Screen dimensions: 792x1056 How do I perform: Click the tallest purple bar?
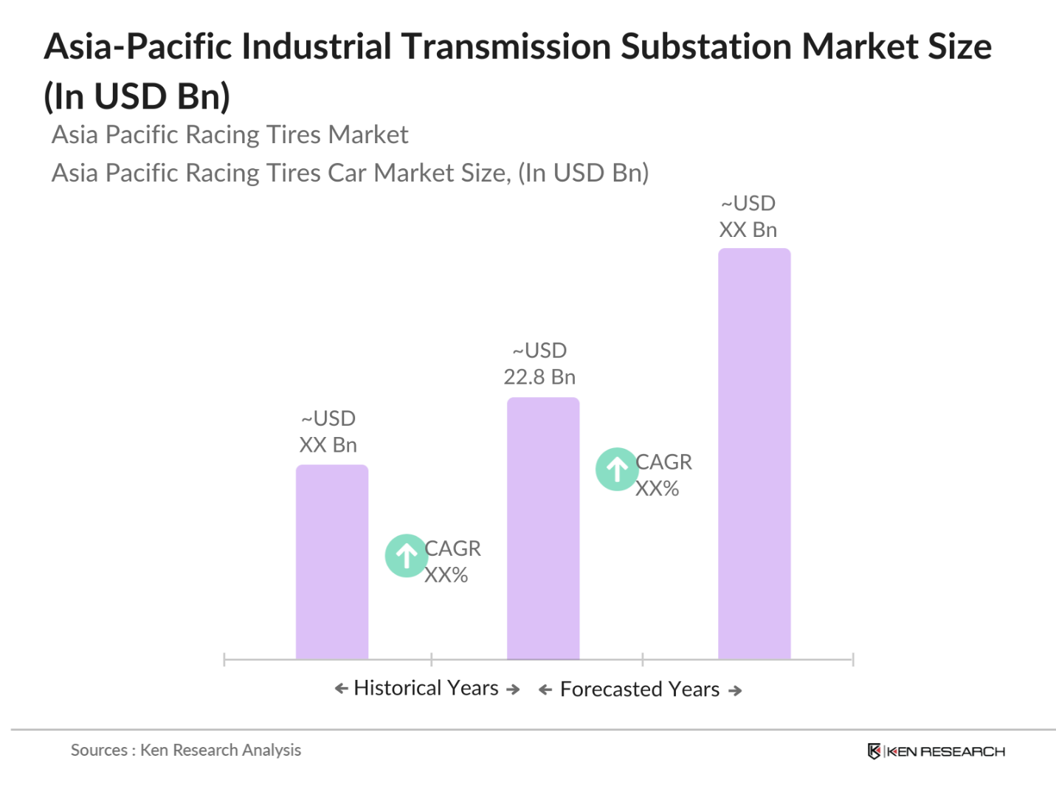tap(753, 453)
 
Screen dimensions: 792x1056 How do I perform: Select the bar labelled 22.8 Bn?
tap(542, 528)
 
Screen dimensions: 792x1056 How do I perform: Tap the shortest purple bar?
tap(331, 562)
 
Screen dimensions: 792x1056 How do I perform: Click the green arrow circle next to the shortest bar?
tap(406, 555)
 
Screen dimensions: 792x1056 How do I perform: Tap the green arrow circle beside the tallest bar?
tap(617, 469)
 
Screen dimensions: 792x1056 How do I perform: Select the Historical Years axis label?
tap(426, 688)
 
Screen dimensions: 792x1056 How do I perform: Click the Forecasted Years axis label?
tap(639, 689)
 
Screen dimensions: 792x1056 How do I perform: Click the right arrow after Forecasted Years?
tap(735, 691)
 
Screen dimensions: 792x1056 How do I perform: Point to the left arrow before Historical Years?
tap(341, 689)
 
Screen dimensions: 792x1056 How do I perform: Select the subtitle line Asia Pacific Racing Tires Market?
tap(230, 134)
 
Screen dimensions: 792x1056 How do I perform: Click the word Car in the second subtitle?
tap(347, 173)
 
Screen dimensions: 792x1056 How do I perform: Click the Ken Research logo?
tap(936, 751)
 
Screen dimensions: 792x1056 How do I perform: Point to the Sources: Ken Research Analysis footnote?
tap(186, 750)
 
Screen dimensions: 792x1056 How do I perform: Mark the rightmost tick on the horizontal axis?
tap(852, 659)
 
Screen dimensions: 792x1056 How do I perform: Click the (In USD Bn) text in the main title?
tap(137, 97)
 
